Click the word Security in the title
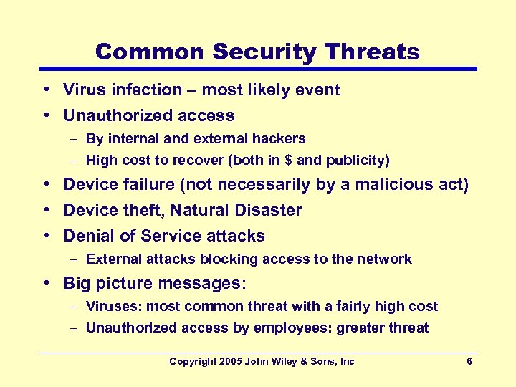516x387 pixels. coord(262,52)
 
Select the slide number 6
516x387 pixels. coord(469,362)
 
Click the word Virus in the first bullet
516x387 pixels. coord(82,90)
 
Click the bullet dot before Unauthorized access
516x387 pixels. coord(45,116)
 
